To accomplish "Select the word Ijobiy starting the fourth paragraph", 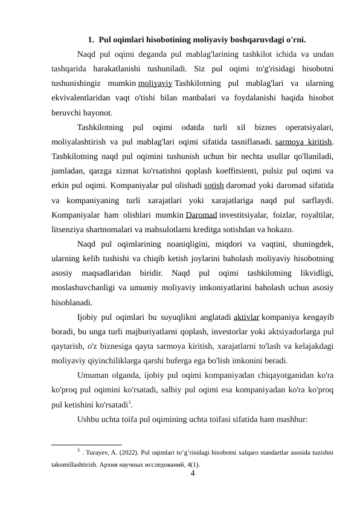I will tap(89, 316).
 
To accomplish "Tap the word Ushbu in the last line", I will tap(89, 418).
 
